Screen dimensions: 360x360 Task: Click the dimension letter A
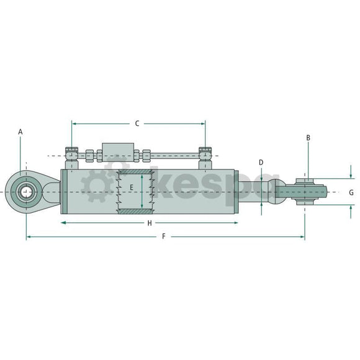click(20, 132)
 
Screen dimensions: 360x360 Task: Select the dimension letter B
click(308, 138)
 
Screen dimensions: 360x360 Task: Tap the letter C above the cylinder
click(137, 123)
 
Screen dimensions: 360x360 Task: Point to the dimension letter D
click(261, 163)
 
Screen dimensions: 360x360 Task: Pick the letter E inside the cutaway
click(131, 186)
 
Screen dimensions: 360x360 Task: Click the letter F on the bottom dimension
click(164, 236)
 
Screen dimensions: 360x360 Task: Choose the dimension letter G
click(351, 192)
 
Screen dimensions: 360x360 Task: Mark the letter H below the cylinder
click(149, 222)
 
